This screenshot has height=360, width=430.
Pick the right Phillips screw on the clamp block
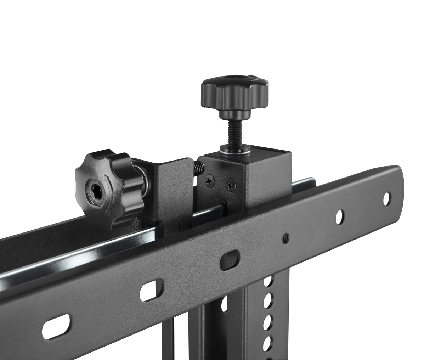pyautogui.click(x=231, y=184)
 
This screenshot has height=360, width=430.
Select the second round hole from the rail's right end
pyautogui.click(x=339, y=215)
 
